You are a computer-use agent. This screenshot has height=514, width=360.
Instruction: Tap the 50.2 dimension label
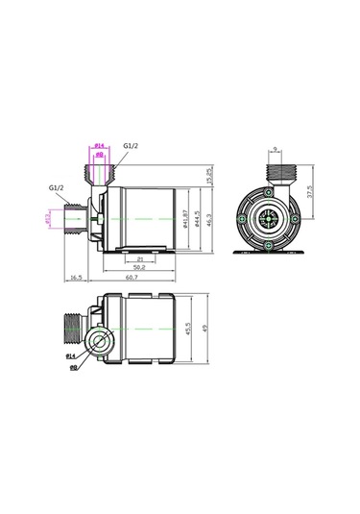coord(140,267)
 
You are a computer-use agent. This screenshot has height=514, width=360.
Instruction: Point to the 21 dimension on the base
coord(140,257)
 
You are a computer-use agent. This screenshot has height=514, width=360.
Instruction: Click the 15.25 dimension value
coord(209,175)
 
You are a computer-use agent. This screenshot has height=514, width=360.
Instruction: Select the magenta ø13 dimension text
coord(48,219)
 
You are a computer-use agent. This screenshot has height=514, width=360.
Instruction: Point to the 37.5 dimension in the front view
coord(309,191)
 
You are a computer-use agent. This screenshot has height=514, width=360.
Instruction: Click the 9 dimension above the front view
coord(275,149)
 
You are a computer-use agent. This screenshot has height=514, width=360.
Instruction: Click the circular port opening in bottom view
coord(100,340)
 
